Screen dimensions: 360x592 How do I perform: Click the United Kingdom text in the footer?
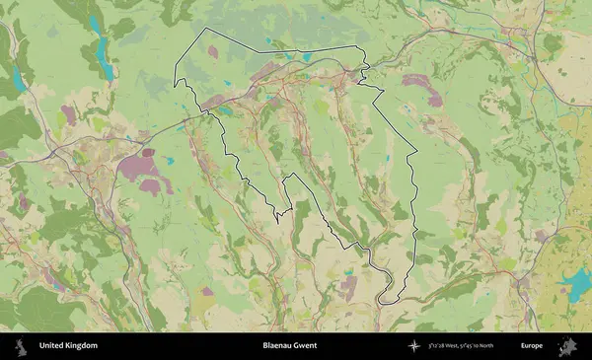[68, 346]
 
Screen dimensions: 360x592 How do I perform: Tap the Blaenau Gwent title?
[290, 346]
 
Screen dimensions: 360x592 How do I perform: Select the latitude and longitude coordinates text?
[463, 346]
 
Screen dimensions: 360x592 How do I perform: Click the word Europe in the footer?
[532, 346]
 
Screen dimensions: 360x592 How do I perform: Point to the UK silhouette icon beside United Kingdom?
[20, 346]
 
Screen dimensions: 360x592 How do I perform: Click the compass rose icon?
[413, 346]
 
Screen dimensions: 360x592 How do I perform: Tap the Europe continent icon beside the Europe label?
[568, 346]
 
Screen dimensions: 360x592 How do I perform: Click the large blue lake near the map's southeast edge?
[574, 287]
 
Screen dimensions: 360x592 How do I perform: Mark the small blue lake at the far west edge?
[17, 79]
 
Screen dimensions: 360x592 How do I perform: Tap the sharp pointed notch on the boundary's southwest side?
[279, 219]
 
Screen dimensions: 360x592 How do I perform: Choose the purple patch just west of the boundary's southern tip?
[348, 287]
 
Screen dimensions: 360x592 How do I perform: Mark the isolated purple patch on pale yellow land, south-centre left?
[207, 291]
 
